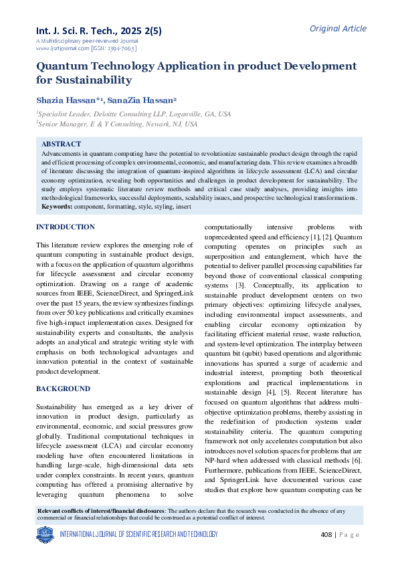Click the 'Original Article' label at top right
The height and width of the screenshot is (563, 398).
(338, 28)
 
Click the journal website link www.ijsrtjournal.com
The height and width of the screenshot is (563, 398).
(61, 49)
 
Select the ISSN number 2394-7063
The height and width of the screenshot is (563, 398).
(121, 49)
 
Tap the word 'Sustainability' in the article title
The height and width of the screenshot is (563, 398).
(94, 80)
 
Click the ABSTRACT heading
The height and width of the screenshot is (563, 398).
(62, 144)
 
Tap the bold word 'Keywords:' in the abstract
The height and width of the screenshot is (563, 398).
(56, 207)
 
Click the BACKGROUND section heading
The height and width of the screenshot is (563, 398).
(63, 388)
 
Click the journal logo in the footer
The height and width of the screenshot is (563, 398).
(45, 534)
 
